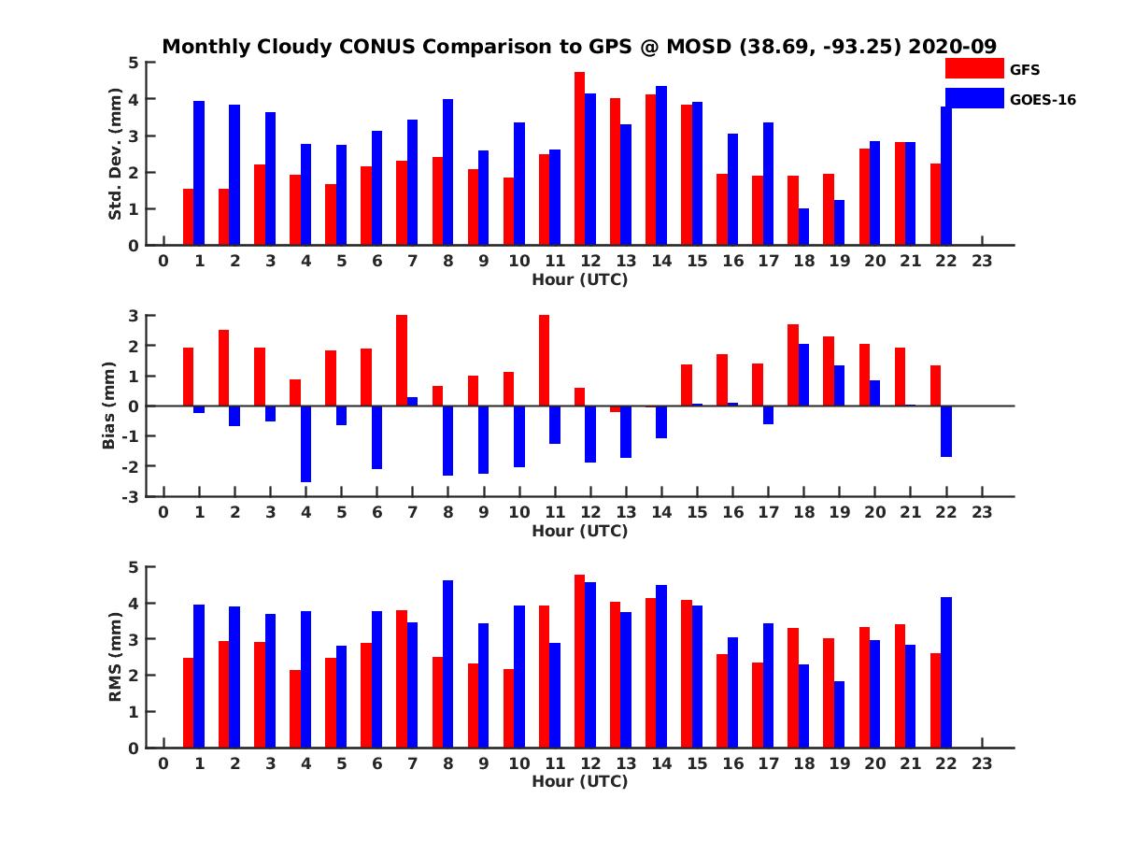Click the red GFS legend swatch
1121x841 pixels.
pos(973,68)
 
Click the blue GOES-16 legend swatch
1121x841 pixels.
pos(973,98)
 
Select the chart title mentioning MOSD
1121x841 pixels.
pos(579,46)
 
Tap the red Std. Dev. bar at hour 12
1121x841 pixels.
pos(579,159)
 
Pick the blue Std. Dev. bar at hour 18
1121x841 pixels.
pos(803,227)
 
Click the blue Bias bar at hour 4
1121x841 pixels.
pos(305,444)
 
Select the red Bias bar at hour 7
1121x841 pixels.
pos(402,361)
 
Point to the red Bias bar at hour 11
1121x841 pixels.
pos(544,361)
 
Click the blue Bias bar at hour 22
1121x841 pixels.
pos(946,431)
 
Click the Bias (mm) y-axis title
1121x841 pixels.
pos(108,406)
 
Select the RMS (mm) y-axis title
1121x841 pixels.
pos(116,657)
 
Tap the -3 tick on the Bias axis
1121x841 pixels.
pos(132,496)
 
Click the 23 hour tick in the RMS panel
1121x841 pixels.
pos(982,763)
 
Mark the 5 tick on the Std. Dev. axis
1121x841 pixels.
pos(135,63)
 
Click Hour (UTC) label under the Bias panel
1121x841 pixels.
pos(579,531)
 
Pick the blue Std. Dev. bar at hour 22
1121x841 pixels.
pos(946,176)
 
